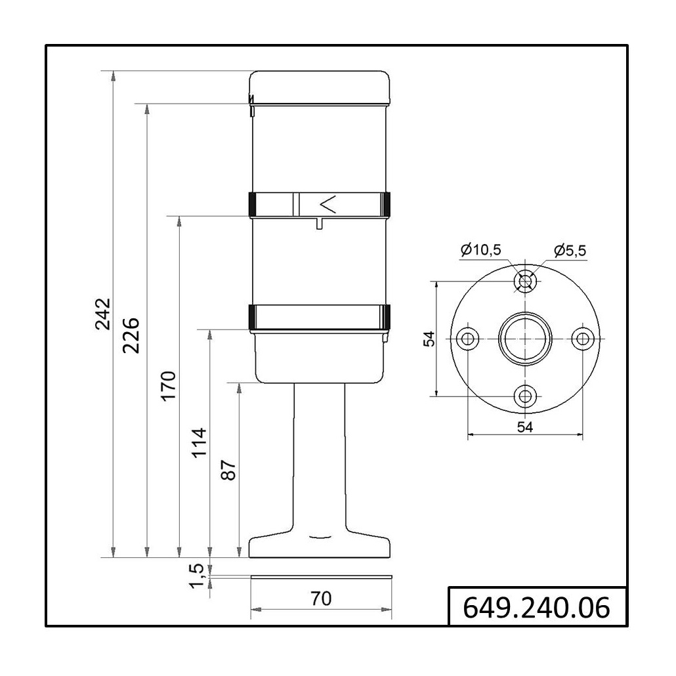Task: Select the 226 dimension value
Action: [x=131, y=335]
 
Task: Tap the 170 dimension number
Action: [x=169, y=387]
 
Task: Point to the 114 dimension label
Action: [x=199, y=443]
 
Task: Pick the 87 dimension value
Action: [x=228, y=471]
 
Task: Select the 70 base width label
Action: [x=321, y=599]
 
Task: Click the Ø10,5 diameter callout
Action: [x=480, y=249]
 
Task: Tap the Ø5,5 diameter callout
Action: [x=570, y=251]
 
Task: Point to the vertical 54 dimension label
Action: [x=429, y=339]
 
